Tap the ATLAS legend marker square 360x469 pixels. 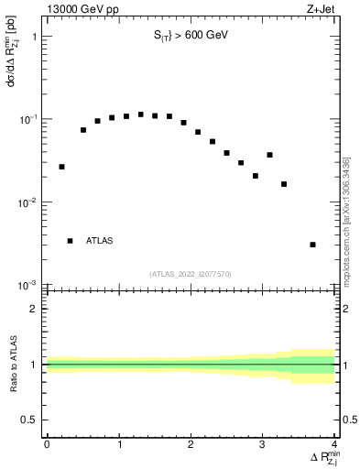point(70,241)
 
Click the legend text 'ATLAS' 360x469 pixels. point(100,241)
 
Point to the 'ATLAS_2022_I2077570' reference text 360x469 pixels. point(190,273)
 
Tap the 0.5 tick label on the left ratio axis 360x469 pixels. point(31,419)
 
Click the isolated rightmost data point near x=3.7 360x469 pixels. point(313,245)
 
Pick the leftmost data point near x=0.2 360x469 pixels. point(61,167)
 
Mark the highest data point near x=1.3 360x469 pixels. point(140,115)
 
